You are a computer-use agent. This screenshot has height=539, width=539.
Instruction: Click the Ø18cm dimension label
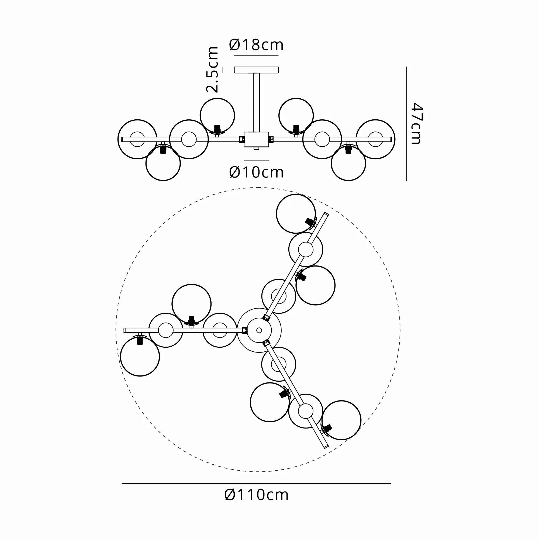coord(256,45)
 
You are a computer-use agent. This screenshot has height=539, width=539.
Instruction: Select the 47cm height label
coord(417,123)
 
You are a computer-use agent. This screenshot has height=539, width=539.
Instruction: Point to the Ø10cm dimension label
coord(256,172)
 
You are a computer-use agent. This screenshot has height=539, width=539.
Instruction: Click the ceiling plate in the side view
coord(256,70)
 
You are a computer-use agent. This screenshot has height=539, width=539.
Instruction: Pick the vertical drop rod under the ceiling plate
coord(256,102)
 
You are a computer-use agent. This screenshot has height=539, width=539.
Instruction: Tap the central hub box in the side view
coord(256,140)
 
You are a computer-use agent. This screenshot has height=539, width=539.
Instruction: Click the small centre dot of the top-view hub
coord(259,330)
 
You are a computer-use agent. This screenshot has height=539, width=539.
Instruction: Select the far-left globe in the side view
coord(118,140)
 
